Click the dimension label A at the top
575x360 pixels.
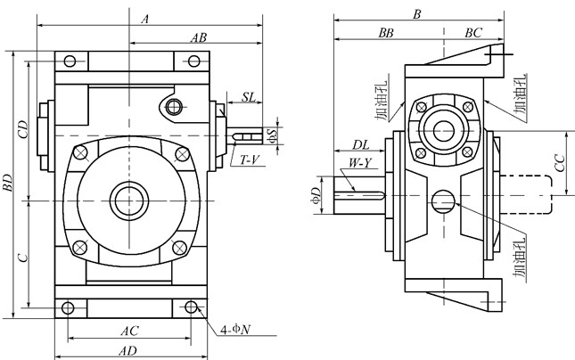tap(145, 16)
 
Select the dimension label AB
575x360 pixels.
tap(199, 37)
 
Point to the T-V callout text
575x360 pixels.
tap(249, 160)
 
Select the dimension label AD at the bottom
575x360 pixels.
tap(130, 350)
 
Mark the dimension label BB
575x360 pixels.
tap(386, 32)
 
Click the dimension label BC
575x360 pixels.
tap(472, 32)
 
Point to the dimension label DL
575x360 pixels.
tap(360, 144)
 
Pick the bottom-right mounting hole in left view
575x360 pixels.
tap(191, 307)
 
